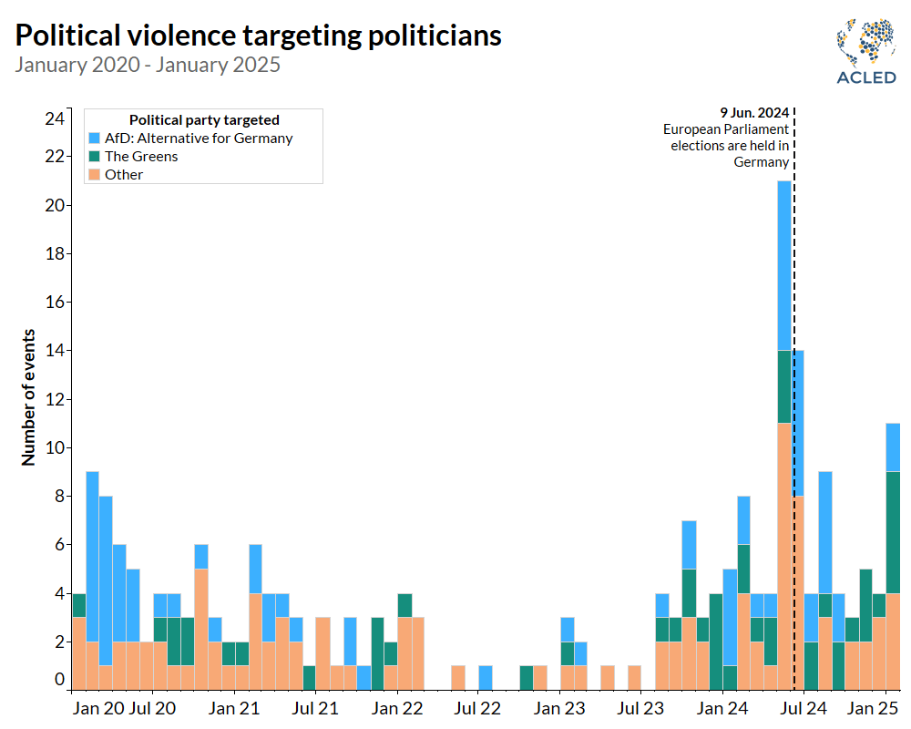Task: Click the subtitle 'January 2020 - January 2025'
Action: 148,65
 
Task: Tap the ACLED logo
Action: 866,50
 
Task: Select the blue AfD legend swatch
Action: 95,139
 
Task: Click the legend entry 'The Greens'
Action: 141,156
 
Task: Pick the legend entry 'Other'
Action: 124,174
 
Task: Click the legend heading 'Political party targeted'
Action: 204,119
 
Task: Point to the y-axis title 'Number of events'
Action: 28,397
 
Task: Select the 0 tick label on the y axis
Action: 59,679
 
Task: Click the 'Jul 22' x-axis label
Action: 478,706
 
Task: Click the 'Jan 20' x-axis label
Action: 98,706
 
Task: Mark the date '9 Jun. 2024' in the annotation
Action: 754,113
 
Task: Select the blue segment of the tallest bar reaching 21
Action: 783,265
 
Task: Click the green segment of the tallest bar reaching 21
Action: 783,386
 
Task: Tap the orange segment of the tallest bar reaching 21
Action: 783,556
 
